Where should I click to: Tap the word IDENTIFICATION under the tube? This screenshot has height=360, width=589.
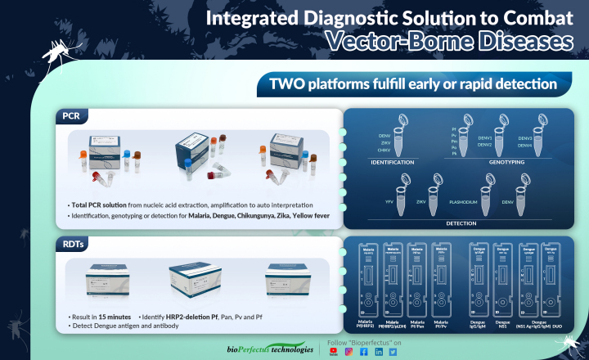394,162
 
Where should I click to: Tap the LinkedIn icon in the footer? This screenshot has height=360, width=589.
379,352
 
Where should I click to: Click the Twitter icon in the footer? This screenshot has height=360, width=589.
393,352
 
